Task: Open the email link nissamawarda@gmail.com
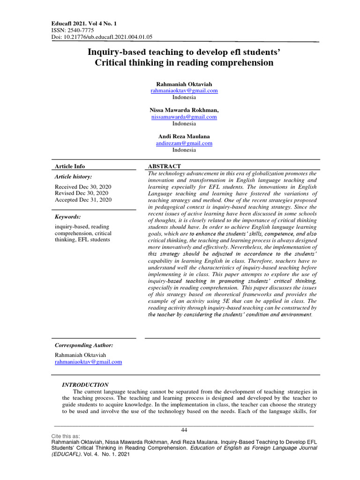pyautogui.click(x=184, y=117)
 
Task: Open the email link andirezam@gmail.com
pyautogui.click(x=184, y=143)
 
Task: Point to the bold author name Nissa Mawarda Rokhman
pyautogui.click(x=184, y=110)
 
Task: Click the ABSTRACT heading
pyautogui.click(x=165, y=166)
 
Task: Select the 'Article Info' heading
pyautogui.click(x=70, y=166)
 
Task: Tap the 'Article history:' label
pyautogui.click(x=74, y=177)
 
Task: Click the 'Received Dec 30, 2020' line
pyautogui.click(x=83, y=186)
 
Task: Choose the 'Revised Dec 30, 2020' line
pyautogui.click(x=82, y=193)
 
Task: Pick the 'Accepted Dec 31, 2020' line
pyautogui.click(x=83, y=200)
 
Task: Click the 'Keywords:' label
pyautogui.click(x=68, y=217)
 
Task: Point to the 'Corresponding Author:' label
pyautogui.click(x=84, y=345)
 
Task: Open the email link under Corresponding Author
pyautogui.click(x=88, y=362)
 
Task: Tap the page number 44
pyautogui.click(x=184, y=430)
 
